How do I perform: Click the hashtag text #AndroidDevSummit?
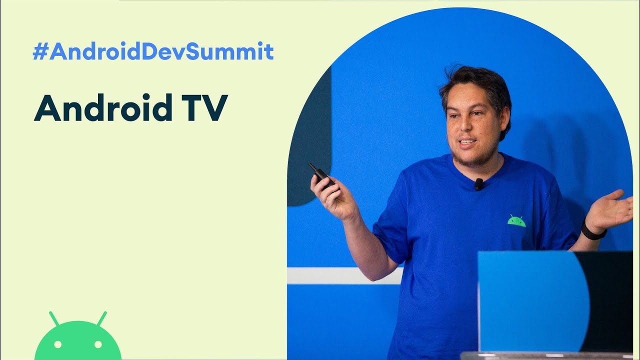[153, 52]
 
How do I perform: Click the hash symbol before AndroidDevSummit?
[39, 52]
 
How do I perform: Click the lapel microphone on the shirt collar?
[479, 184]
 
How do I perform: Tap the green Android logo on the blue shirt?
[516, 221]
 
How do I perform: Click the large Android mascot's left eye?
[57, 344]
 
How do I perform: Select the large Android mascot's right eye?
[98, 344]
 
